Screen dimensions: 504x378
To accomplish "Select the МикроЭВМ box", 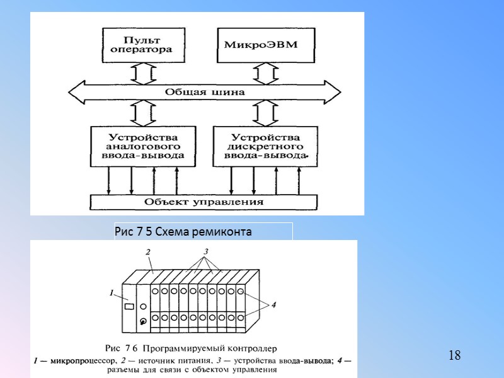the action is pyautogui.click(x=266, y=44).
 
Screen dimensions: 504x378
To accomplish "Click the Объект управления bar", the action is pyautogui.click(x=203, y=202).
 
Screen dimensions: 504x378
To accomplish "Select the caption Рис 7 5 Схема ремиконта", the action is pyautogui.click(x=183, y=232).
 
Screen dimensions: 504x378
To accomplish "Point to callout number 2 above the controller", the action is pyautogui.click(x=148, y=252).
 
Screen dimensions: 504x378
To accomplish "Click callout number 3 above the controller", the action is pyautogui.click(x=205, y=251).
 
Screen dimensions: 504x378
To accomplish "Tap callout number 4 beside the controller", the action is pyautogui.click(x=273, y=305).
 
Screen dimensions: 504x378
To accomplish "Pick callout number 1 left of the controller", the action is pyautogui.click(x=112, y=293).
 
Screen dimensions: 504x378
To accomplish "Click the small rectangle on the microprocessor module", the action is pyautogui.click(x=129, y=307).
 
